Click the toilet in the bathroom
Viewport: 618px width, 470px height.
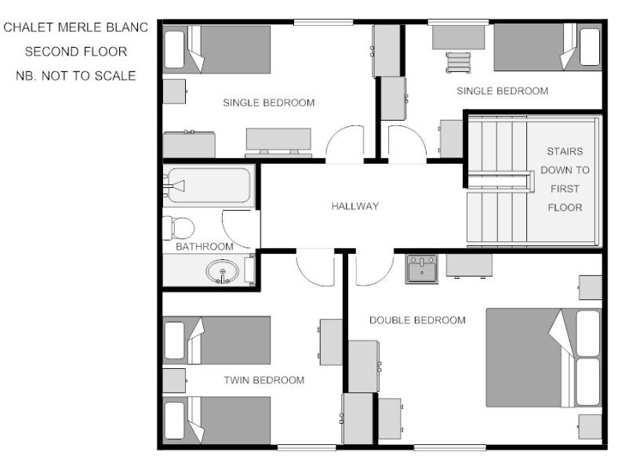coord(179,228)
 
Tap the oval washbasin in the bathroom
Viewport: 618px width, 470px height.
coord(222,271)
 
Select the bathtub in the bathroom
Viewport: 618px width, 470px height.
coord(209,185)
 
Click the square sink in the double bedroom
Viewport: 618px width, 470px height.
coord(422,269)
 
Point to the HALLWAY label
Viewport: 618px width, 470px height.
coord(354,206)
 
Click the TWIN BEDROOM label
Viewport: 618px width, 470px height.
coord(264,380)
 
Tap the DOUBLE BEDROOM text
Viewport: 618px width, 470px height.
coord(417,320)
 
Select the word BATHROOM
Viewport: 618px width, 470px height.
coord(204,247)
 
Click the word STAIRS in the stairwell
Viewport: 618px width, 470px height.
coord(565,151)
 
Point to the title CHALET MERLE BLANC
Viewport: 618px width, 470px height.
coord(75,27)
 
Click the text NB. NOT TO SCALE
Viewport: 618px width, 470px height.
coord(75,75)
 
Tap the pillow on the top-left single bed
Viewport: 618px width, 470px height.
coord(174,49)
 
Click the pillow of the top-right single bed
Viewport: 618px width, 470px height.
coord(590,47)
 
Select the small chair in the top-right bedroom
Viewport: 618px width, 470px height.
coord(458,62)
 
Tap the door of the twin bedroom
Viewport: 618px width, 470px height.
coord(315,269)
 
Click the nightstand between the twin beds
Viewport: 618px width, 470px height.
coord(174,381)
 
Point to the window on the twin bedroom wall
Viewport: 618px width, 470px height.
coord(307,447)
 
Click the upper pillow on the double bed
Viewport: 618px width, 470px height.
coord(588,334)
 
